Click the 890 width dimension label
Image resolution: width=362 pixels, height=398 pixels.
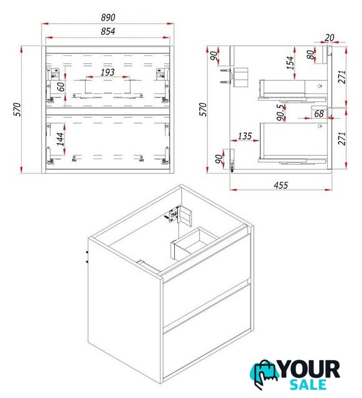(x=108, y=17)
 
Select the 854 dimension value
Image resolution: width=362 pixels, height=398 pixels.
(x=108, y=31)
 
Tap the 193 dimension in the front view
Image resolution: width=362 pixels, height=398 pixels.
(x=108, y=72)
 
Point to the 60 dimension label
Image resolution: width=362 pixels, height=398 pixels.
(x=61, y=86)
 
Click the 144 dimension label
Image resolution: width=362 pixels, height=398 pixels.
(x=60, y=139)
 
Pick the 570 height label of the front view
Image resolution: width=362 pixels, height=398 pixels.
(x=17, y=109)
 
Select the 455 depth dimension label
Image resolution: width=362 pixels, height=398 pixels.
(x=281, y=185)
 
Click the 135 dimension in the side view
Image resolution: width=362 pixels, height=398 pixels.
(x=244, y=136)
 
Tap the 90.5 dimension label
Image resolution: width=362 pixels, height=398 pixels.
(x=281, y=113)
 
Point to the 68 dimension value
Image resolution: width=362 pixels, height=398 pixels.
(x=319, y=114)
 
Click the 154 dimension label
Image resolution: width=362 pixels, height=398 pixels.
(x=290, y=63)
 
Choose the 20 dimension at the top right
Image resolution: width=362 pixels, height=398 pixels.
(x=329, y=37)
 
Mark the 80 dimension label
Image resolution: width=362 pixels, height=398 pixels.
(x=310, y=55)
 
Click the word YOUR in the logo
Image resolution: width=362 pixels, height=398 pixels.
(x=310, y=369)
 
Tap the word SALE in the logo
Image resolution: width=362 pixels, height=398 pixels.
(x=308, y=384)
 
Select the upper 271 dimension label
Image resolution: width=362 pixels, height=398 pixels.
(x=342, y=77)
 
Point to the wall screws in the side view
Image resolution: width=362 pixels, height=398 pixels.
(x=225, y=76)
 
